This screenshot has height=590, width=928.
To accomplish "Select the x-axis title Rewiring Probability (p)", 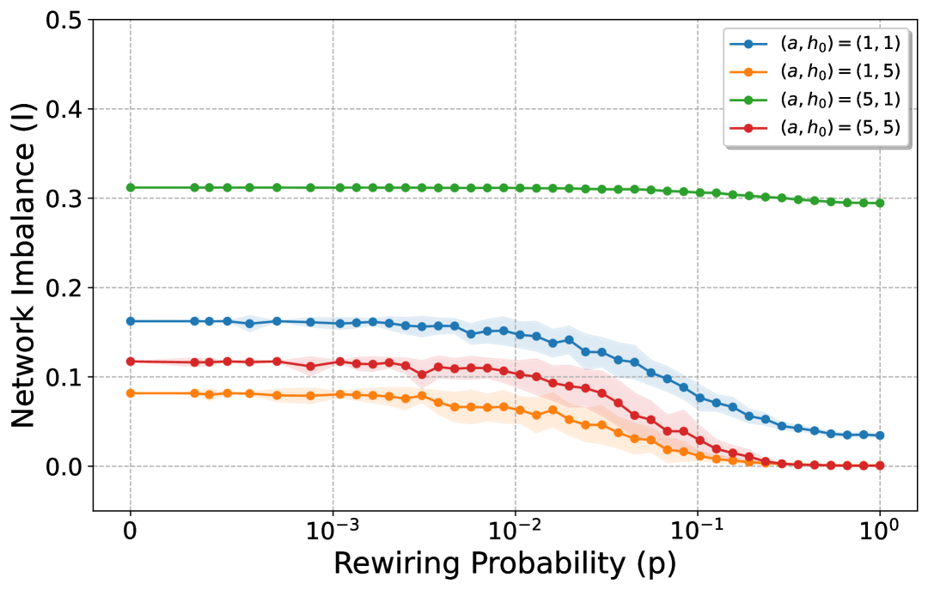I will (x=504, y=563).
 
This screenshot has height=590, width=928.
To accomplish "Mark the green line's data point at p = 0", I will (x=131, y=187).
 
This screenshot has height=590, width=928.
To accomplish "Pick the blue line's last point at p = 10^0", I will (x=880, y=435).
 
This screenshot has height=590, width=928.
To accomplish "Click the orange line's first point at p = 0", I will (x=131, y=393).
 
